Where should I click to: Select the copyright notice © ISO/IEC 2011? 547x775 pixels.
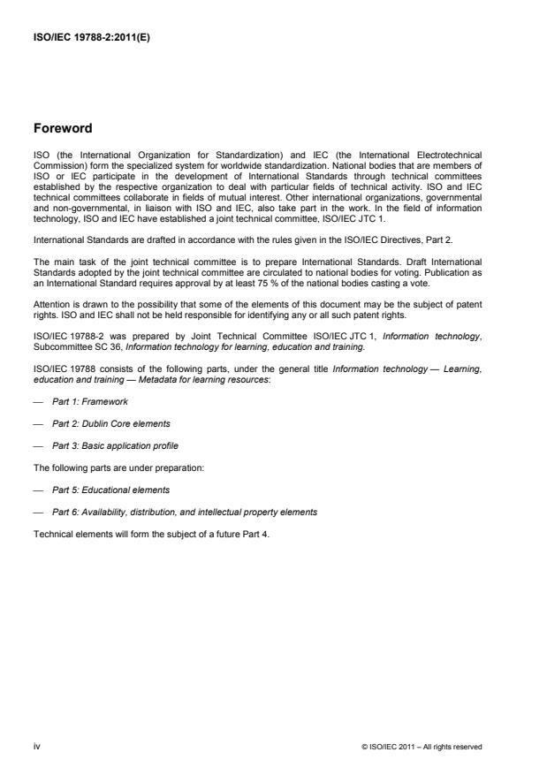pos(422,747)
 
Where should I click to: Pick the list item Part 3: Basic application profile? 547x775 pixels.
pos(114,444)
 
